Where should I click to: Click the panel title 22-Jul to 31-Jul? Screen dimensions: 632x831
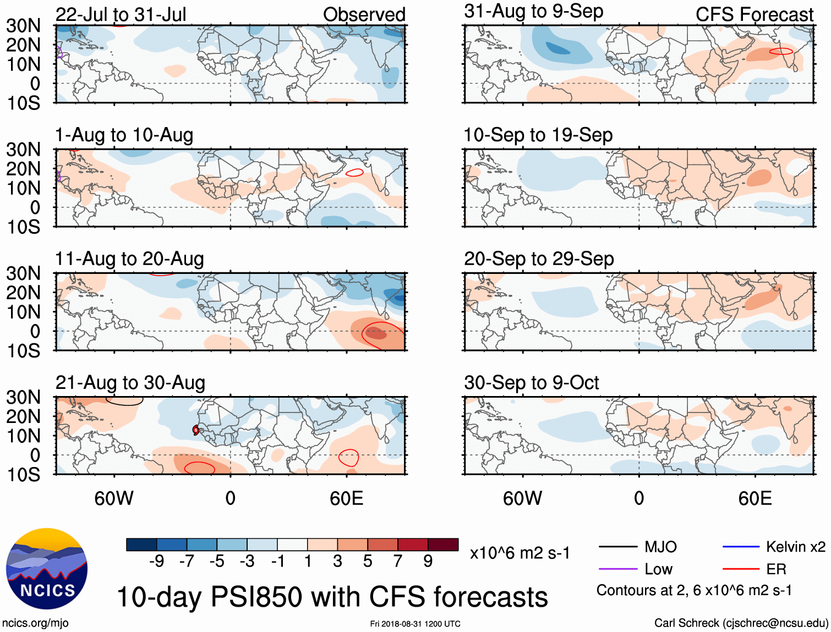tap(121, 14)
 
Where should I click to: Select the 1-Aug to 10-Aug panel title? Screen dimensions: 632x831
tap(124, 135)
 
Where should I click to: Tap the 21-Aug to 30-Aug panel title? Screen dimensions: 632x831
tap(130, 382)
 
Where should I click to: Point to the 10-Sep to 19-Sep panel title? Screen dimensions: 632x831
tap(538, 135)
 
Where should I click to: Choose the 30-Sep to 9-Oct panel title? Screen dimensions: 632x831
tap(532, 382)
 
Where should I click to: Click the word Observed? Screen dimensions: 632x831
tap(364, 14)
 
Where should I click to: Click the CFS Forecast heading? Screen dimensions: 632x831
tap(755, 14)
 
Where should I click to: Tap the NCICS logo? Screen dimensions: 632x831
tap(47, 569)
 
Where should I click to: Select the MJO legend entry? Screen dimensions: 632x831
tap(660, 547)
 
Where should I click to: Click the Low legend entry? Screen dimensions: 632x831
tap(658, 569)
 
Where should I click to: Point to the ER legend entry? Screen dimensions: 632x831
tap(776, 569)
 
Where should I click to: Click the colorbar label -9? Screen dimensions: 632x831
tap(157, 561)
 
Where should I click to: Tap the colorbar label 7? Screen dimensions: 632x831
tap(398, 561)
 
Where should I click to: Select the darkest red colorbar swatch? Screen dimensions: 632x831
tap(443, 545)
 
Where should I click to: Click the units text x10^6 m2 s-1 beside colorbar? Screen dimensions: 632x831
tap(520, 553)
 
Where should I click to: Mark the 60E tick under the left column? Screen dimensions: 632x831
tap(347, 498)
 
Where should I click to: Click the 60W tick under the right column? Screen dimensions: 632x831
tap(522, 498)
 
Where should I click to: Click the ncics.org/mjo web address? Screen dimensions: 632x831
tap(35, 623)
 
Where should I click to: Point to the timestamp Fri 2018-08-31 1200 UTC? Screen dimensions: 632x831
tap(415, 624)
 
